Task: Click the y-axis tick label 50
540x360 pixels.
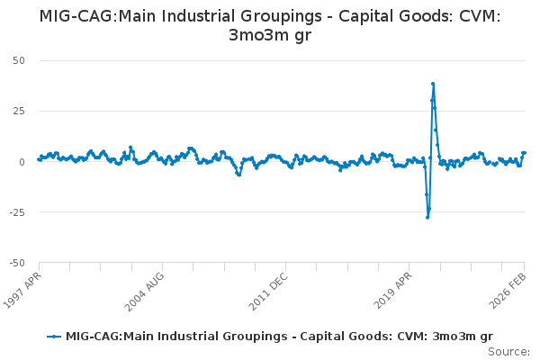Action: tap(18, 60)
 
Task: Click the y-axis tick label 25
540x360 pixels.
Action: tap(18, 111)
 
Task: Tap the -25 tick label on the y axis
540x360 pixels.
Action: tap(16, 212)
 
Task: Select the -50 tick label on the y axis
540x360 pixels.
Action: tap(16, 263)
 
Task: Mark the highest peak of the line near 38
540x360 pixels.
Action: tap(433, 84)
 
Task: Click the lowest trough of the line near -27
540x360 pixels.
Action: tap(427, 217)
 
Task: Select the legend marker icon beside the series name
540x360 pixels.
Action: tap(55, 336)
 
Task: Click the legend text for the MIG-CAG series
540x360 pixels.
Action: tap(279, 336)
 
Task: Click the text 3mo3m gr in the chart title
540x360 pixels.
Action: tap(269, 35)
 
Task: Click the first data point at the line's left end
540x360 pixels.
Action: tap(38, 159)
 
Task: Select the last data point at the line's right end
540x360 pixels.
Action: tap(525, 153)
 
